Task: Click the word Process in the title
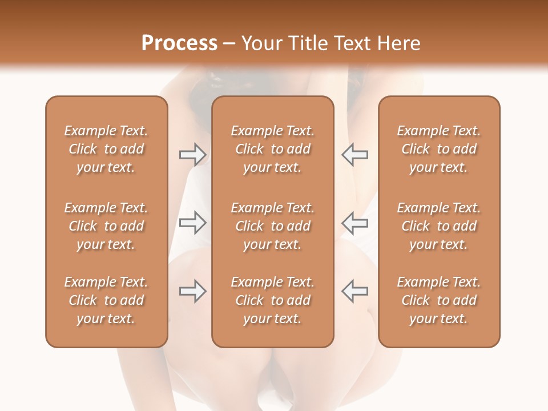tap(179, 43)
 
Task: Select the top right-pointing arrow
tap(192, 155)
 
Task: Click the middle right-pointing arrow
tap(192, 223)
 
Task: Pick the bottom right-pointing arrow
tap(192, 291)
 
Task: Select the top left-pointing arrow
tap(354, 155)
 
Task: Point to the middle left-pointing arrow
tap(354, 223)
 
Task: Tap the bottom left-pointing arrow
tap(354, 291)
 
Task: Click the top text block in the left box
tap(106, 149)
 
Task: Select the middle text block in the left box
tap(106, 226)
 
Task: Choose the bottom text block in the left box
tap(106, 300)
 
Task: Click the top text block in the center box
tap(272, 149)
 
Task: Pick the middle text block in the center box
tap(272, 226)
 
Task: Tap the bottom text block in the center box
tap(272, 300)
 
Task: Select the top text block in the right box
tap(439, 149)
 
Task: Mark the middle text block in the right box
tap(439, 226)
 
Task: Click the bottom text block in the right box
tap(439, 300)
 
